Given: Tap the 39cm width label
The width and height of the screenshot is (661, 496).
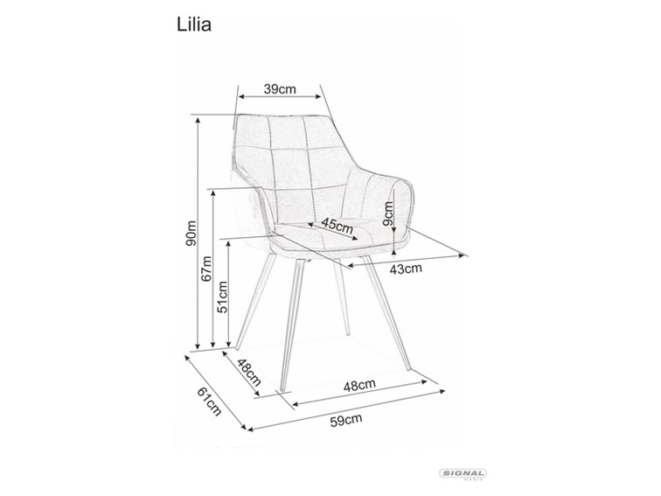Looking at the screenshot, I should [x=282, y=88].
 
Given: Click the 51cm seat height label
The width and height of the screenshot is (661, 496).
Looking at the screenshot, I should [x=223, y=297].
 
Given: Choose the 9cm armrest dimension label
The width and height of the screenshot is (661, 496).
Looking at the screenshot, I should [x=387, y=211].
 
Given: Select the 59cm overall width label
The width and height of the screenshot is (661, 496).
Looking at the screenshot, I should [x=344, y=421].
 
